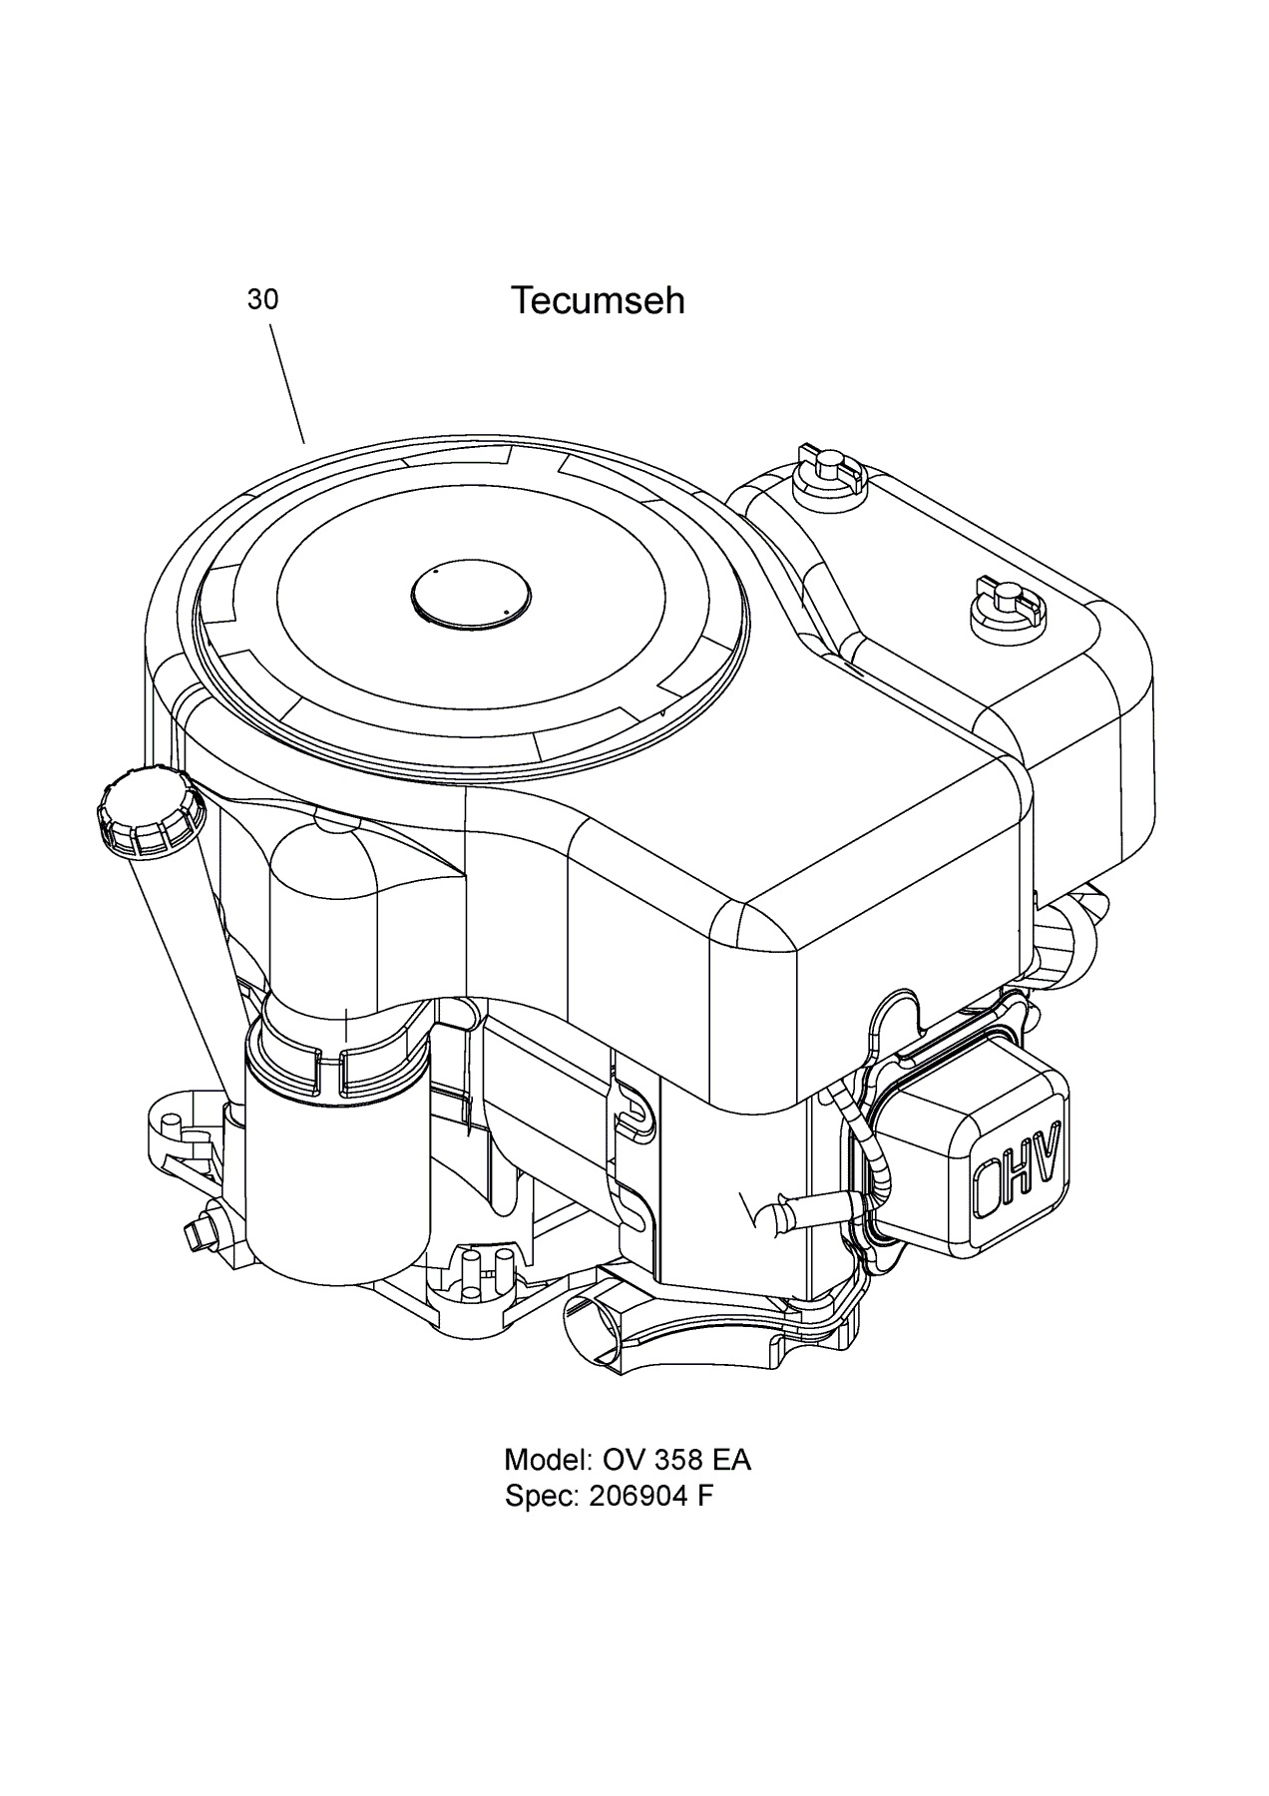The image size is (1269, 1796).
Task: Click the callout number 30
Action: (x=262, y=299)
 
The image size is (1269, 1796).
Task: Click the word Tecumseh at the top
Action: (x=598, y=300)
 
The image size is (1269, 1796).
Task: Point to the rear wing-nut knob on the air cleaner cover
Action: (x=821, y=467)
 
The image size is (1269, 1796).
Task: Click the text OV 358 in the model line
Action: (x=651, y=1460)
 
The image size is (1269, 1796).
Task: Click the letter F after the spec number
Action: (x=705, y=1497)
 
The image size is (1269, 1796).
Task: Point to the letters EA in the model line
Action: (x=731, y=1460)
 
